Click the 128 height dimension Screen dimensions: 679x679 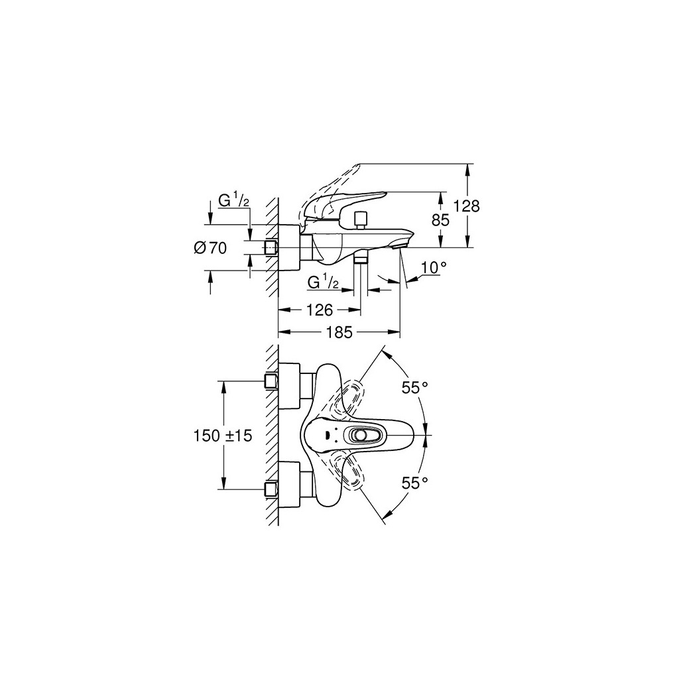tap(467, 206)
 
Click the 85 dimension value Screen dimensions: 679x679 tap(441, 220)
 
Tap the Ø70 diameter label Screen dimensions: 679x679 tap(211, 248)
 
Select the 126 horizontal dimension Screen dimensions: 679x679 tap(319, 310)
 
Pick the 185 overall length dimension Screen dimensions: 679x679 tap(339, 333)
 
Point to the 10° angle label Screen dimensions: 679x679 tap(434, 267)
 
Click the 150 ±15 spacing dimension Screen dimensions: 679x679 tap(223, 436)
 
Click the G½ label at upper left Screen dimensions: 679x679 tap(234, 201)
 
